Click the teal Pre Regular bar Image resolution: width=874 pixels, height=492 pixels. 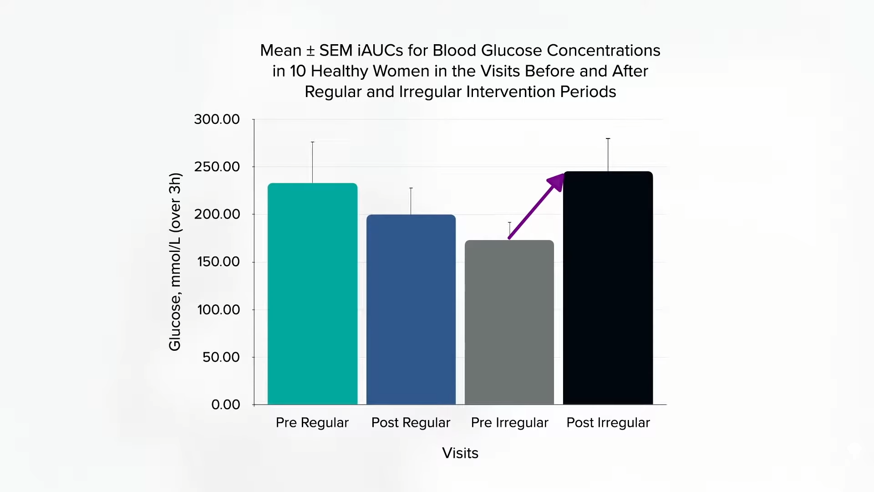(312, 293)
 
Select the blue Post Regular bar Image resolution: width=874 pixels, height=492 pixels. (411, 309)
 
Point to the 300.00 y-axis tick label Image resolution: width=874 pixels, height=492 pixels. (217, 119)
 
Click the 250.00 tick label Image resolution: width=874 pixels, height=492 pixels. (217, 167)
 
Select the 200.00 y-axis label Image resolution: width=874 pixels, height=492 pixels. (217, 214)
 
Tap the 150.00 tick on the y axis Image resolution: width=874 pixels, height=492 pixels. (218, 262)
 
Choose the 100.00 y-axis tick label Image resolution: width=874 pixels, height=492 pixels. (218, 310)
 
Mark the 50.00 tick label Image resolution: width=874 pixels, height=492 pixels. (221, 357)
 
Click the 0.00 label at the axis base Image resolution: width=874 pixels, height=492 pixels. (225, 405)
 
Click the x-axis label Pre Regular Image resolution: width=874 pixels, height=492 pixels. (312, 423)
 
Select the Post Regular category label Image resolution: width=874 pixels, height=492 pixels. (411, 423)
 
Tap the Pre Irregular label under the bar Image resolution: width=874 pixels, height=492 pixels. (509, 423)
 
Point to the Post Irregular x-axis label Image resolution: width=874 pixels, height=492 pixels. (608, 423)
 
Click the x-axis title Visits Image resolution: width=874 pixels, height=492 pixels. (460, 453)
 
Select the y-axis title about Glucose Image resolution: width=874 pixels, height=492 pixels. (175, 262)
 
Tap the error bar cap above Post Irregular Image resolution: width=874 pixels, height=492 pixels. (608, 138)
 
